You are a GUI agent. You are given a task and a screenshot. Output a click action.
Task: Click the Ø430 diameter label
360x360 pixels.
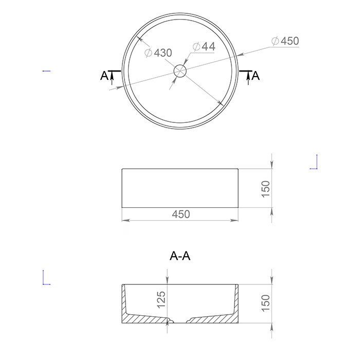coord(158,52)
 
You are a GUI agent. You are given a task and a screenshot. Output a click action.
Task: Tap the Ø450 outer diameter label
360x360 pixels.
coord(285,41)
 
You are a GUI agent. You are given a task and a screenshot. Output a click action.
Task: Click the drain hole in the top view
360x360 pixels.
coord(180,71)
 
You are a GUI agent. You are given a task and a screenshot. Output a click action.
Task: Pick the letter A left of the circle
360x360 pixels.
coord(104,76)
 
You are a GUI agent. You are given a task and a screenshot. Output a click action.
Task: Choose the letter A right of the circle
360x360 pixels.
coord(256,76)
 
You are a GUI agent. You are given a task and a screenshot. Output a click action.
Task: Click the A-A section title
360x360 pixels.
coord(180,256)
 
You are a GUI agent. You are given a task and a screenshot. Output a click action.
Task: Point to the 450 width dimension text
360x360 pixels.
coord(181,214)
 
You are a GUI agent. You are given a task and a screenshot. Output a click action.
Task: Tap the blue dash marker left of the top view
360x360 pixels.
coord(46,70)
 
